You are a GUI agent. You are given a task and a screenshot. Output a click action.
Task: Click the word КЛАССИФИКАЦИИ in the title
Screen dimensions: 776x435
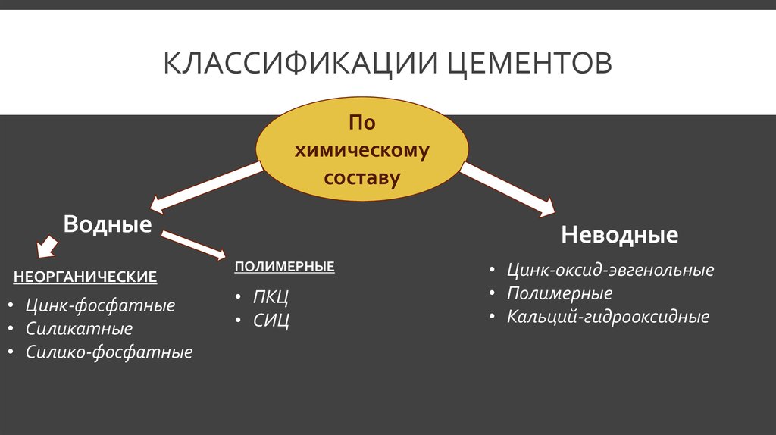click(301, 63)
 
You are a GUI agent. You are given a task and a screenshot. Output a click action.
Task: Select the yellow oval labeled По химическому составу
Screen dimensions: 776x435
click(361, 149)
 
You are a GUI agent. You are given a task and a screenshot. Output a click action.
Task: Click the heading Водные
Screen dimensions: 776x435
click(108, 224)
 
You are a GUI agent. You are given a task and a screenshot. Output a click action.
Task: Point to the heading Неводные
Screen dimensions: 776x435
click(620, 235)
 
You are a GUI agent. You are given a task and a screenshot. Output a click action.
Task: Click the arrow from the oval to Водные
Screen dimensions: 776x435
click(206, 187)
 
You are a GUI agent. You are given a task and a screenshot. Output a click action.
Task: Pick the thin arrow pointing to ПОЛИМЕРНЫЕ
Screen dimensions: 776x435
click(193, 245)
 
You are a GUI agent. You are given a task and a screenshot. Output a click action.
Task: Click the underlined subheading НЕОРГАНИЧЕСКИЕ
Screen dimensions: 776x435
click(85, 277)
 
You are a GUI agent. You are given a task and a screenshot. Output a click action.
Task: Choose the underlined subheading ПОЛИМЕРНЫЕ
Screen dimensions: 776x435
click(285, 267)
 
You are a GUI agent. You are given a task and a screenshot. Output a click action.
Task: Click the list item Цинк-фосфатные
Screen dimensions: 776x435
click(101, 305)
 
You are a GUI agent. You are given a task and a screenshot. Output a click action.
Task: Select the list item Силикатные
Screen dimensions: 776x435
click(79, 329)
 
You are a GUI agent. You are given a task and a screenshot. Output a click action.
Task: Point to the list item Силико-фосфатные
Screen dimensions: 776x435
click(109, 352)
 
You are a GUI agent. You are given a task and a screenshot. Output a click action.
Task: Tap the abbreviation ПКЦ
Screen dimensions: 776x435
click(271, 297)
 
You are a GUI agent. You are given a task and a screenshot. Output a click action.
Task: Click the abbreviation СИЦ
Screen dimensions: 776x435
click(271, 321)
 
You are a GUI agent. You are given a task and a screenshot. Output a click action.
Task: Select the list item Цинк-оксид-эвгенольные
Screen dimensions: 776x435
click(610, 270)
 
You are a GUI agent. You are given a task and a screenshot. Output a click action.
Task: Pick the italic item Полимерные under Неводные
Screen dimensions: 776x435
click(560, 293)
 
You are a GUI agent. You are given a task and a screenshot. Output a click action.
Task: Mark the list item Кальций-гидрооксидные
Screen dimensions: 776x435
click(609, 317)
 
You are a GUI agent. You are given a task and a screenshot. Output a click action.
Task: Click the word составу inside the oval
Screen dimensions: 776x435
click(361, 177)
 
